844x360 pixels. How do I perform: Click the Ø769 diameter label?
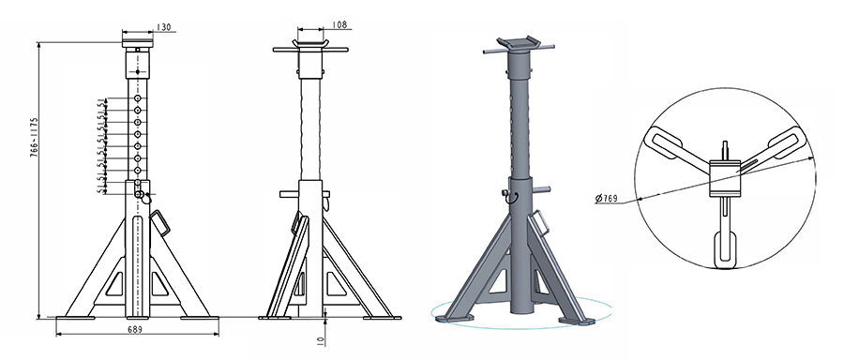[608, 199]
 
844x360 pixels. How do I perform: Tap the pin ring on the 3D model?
[505, 195]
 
